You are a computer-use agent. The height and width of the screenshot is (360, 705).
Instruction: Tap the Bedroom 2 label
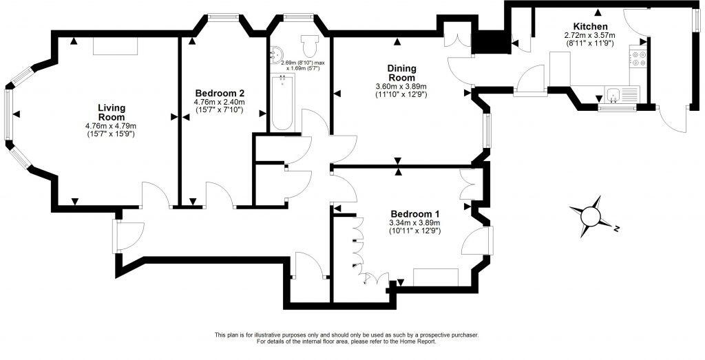tap(220, 93)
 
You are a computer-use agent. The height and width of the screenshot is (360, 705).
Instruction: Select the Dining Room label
tap(401, 72)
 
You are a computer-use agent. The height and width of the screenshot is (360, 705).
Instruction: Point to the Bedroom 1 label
tap(415, 213)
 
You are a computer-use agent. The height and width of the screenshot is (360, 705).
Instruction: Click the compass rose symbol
tap(591, 216)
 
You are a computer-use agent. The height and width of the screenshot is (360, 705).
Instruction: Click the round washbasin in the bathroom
tap(278, 52)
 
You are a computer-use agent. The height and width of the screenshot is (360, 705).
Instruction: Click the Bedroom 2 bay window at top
tap(224, 18)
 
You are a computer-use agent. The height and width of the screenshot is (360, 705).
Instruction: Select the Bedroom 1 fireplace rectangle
tap(435, 277)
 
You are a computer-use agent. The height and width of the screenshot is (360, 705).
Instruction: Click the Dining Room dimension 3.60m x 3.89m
tap(401, 86)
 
